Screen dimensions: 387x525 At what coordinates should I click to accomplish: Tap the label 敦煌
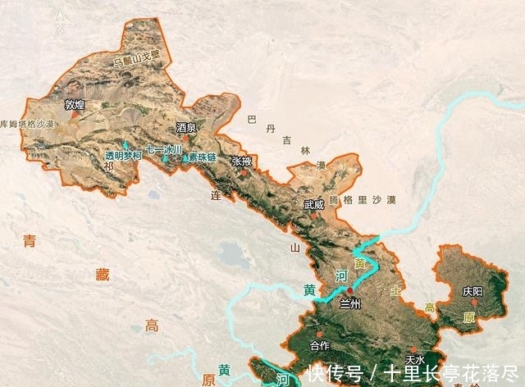pos(75,104)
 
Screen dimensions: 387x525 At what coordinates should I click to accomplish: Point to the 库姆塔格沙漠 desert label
pos(27,123)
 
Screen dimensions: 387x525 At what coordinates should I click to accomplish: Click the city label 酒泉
pos(187,128)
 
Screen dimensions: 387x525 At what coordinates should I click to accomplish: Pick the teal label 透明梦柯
pos(123,155)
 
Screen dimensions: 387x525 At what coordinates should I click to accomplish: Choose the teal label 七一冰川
pos(163,150)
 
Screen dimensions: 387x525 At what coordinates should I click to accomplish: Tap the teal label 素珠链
pos(201,157)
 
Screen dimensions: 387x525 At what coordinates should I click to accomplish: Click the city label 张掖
pos(242,162)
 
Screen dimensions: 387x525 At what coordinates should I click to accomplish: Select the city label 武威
pos(313,205)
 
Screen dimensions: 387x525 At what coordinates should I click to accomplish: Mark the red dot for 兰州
pos(350,290)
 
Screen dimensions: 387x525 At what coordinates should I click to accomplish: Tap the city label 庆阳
pos(472,291)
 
